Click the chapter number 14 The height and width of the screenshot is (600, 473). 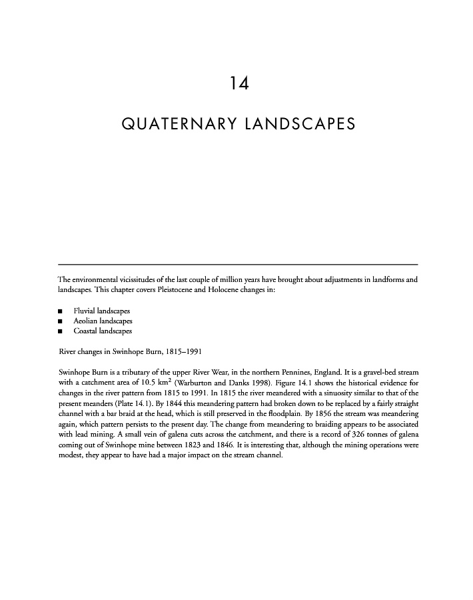pyautogui.click(x=238, y=83)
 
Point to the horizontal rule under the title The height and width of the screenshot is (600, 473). pyautogui.click(x=238, y=265)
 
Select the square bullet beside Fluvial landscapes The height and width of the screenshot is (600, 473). pyautogui.click(x=61, y=311)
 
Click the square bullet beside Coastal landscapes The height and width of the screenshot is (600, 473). pyautogui.click(x=61, y=331)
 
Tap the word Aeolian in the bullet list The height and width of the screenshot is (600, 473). pyautogui.click(x=87, y=321)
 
